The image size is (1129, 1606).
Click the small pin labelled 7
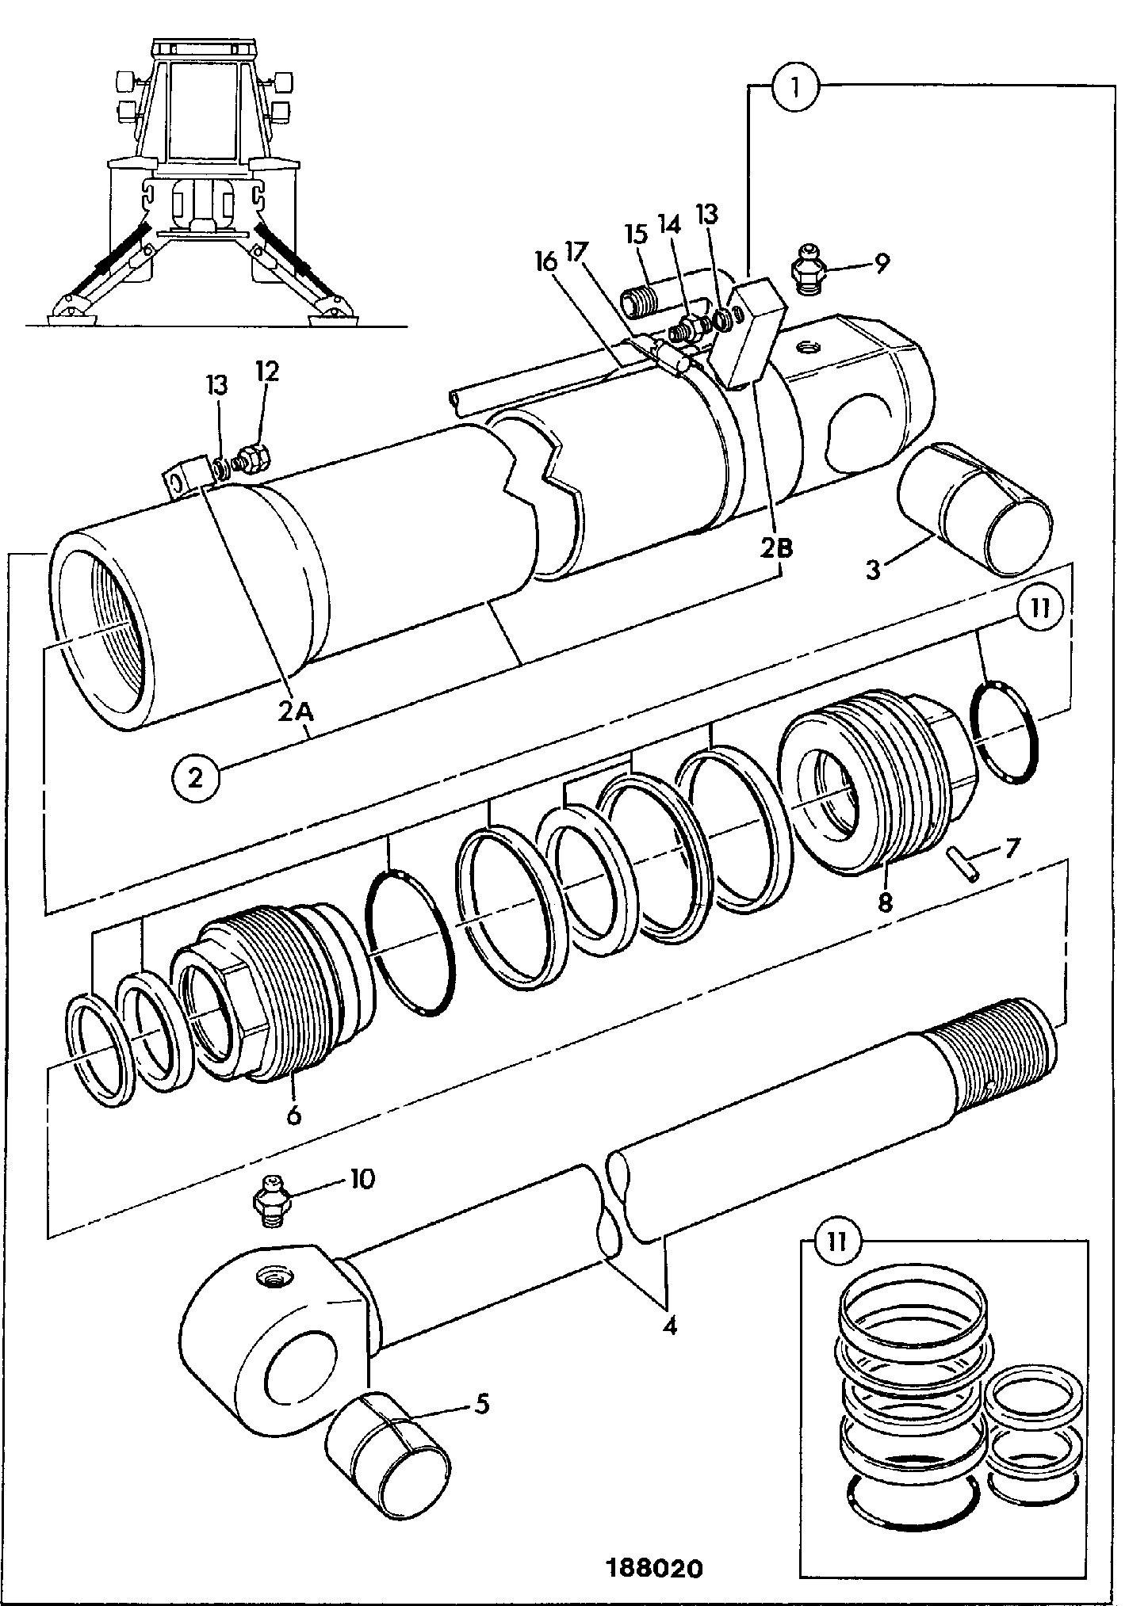[x=964, y=861]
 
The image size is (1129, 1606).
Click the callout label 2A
[x=297, y=712]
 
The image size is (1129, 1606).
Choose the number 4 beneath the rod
[x=670, y=1325]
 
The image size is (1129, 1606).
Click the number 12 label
[x=266, y=372]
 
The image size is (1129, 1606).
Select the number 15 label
[x=637, y=235]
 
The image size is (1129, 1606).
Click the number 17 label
[x=576, y=254]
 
